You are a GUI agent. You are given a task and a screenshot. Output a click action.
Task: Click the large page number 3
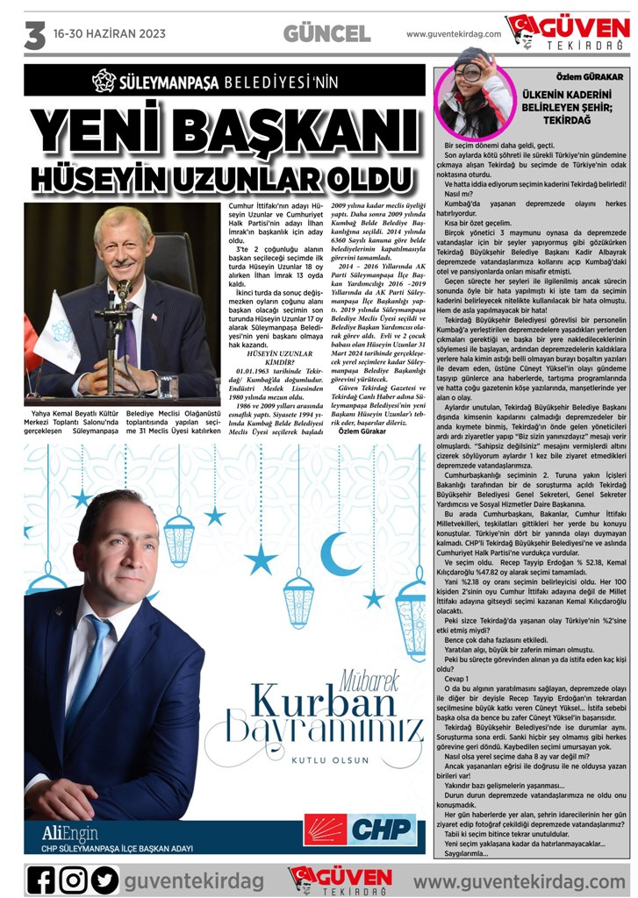(34, 35)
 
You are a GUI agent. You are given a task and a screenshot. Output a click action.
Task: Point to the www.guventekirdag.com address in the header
(454, 34)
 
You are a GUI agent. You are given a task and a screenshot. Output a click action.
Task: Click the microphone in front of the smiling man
(123, 294)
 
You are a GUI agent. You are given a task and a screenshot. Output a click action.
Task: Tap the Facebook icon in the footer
(41, 878)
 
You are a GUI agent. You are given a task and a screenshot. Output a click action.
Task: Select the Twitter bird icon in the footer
(104, 878)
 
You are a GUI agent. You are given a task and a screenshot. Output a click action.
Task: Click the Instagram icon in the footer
(73, 878)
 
